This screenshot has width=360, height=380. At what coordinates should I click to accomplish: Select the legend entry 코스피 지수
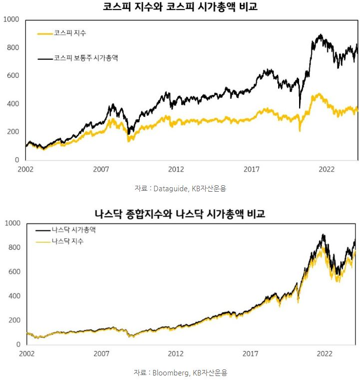pos(70,33)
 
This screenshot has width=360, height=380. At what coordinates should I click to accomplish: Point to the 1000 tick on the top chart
pos(10,19)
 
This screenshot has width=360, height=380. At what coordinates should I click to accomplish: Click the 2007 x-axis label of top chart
pos(100,169)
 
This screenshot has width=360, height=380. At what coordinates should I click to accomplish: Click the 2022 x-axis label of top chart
pos(326,169)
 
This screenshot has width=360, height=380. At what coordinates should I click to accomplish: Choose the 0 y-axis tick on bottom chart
pos(18,345)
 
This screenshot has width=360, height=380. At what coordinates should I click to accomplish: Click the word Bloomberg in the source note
pos(169,373)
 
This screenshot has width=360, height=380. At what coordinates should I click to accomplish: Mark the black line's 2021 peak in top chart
pos(320,35)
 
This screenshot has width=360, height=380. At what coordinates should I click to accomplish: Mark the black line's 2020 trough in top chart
pos(300,107)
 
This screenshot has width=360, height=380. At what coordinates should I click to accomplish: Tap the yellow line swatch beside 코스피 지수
pos(45,33)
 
